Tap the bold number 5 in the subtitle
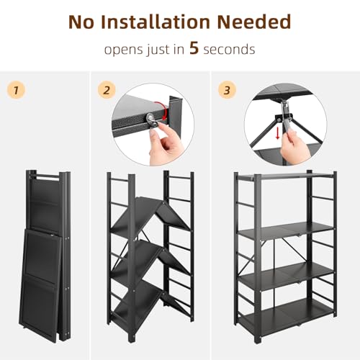(x=193, y=50)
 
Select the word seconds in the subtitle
(x=230, y=51)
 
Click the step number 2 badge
(x=107, y=91)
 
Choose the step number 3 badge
(x=228, y=91)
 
